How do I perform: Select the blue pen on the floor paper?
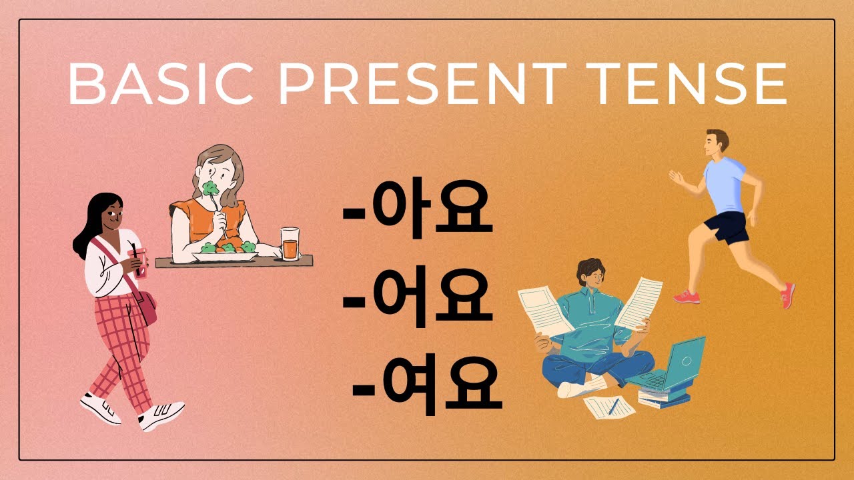[612, 406]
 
